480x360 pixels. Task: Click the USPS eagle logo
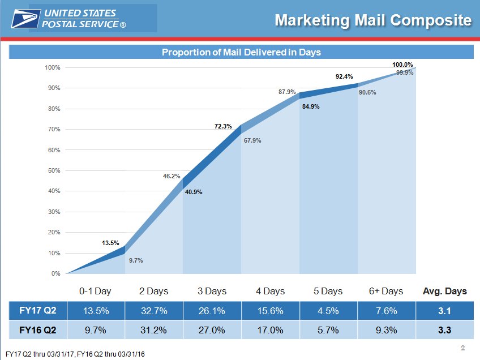[25, 19]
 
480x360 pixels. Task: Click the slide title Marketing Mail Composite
[373, 20]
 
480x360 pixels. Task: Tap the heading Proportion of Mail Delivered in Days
[241, 52]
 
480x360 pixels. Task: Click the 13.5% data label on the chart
[110, 243]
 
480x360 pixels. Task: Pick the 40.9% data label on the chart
[193, 192]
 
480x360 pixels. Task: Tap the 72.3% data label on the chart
[223, 126]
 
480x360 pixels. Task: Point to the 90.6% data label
[367, 92]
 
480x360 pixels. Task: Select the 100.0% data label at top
[403, 65]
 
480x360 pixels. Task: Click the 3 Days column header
[212, 291]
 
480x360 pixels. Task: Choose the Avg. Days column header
[445, 291]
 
